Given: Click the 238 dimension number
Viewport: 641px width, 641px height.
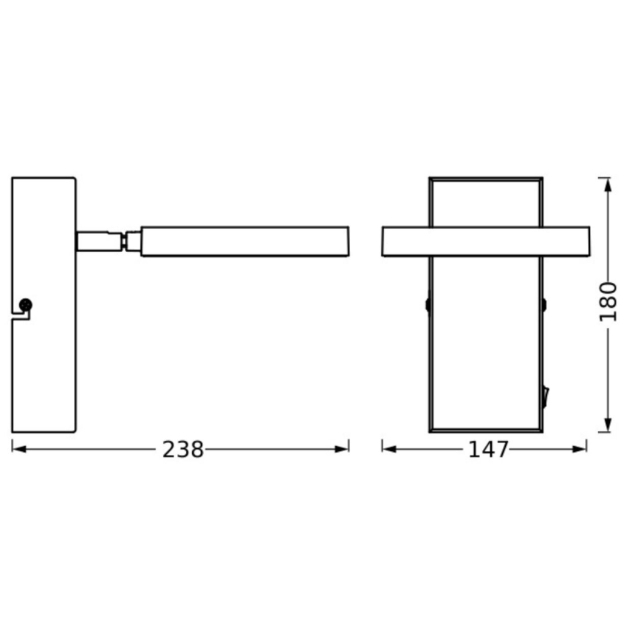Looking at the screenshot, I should coord(182,449).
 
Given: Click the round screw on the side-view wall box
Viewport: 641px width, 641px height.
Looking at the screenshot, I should coord(27,304).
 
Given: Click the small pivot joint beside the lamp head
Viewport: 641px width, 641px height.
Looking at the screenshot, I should coord(133,241).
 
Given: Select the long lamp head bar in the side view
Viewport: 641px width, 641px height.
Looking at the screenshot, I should coord(244,241).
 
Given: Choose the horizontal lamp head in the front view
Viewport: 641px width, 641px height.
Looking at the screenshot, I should coord(485,241).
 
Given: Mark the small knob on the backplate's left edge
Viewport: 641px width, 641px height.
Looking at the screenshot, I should coord(427,304).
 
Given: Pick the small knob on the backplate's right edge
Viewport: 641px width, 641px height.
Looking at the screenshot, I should coord(544,304).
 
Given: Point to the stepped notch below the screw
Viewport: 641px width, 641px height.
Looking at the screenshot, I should coord(22,317).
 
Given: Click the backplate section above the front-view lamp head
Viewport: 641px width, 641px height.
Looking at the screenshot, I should coord(485,203).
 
